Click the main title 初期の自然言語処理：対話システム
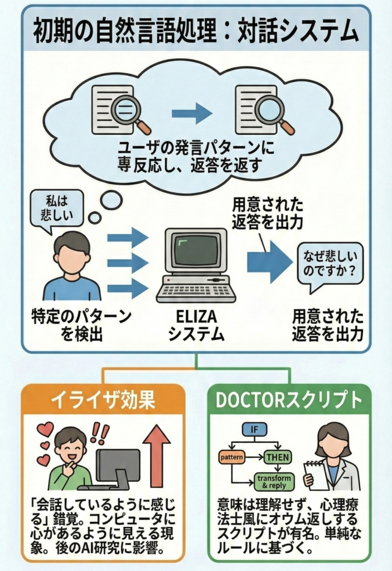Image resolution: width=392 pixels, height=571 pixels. (x=196, y=33)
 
